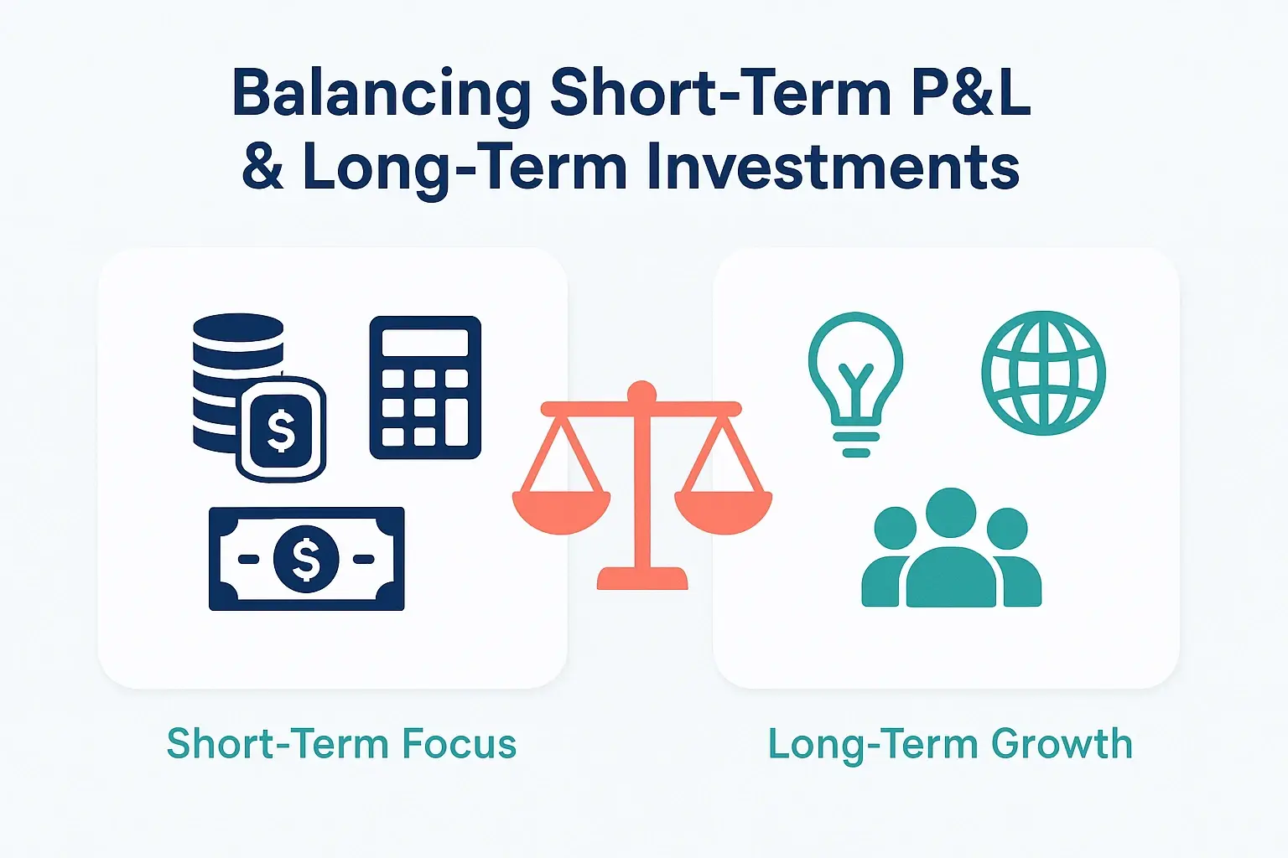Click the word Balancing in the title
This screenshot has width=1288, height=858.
(x=382, y=94)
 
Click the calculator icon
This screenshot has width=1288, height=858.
(x=425, y=387)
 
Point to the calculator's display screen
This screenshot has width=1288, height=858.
(x=425, y=343)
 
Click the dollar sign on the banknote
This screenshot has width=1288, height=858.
(x=306, y=559)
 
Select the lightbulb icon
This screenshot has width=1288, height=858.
(x=855, y=381)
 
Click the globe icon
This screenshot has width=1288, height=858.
(x=1043, y=373)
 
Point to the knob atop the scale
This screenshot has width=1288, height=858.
(x=641, y=391)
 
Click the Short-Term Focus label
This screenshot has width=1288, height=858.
(x=341, y=744)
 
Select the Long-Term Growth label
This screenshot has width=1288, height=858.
(x=950, y=744)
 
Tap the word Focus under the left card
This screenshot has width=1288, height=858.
(x=459, y=744)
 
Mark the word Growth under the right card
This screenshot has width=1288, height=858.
(x=1062, y=744)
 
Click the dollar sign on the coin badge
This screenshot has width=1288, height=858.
(x=281, y=430)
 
